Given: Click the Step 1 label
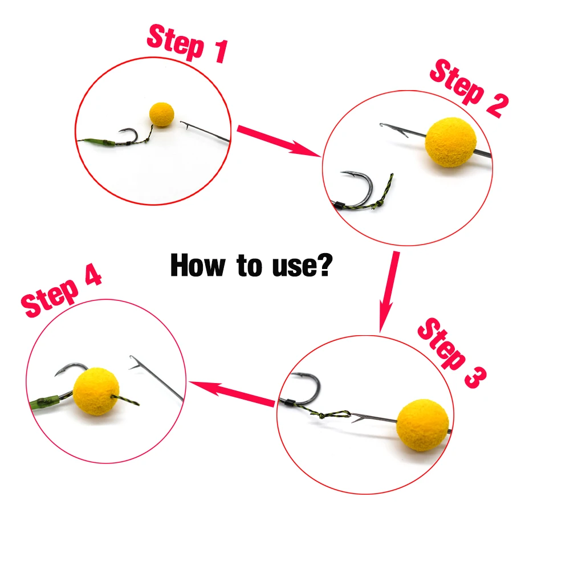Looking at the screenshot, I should [x=187, y=43].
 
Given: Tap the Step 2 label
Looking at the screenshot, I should [x=468, y=88].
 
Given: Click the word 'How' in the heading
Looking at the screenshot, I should [x=196, y=265].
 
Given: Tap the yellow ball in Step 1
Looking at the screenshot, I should [x=161, y=114].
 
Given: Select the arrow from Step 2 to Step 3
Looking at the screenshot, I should [x=389, y=291].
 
